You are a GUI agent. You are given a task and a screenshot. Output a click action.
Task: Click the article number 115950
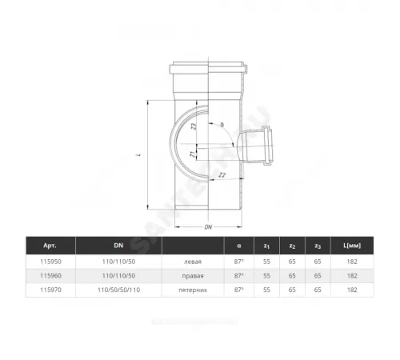[41, 261]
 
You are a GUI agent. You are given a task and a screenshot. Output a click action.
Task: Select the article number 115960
[41, 274]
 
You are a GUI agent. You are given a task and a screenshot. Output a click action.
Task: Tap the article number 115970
[41, 289]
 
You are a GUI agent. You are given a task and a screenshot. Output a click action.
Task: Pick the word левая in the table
[194, 261]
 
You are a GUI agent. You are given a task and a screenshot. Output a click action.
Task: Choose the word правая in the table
[194, 274]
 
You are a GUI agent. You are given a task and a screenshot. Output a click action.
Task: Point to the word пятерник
[194, 289]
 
